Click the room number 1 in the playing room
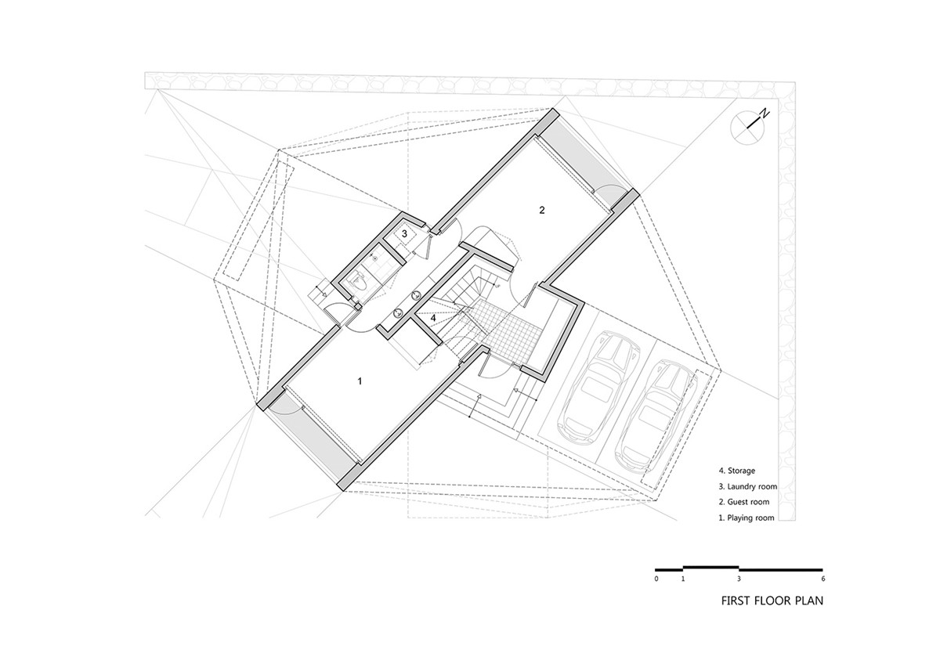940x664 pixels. tap(360, 381)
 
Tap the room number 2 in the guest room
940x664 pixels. tap(542, 210)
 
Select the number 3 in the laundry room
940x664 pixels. tap(404, 234)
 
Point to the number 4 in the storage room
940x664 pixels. tap(433, 318)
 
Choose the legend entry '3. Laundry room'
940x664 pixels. tap(748, 486)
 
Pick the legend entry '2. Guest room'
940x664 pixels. tap(744, 502)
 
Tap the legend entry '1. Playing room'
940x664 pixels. tap(746, 518)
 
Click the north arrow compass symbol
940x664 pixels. tap(749, 126)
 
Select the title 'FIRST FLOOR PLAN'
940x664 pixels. tap(772, 601)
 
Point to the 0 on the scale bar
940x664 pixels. tap(656, 579)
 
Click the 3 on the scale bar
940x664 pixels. tap(739, 579)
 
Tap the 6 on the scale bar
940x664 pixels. tap(823, 579)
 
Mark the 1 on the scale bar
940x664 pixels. tap(683, 579)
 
